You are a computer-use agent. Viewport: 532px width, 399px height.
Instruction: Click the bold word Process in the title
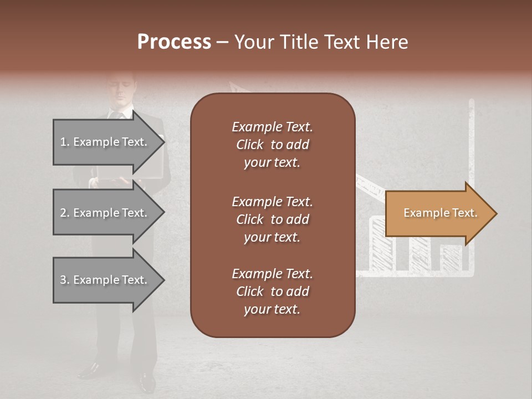(x=174, y=42)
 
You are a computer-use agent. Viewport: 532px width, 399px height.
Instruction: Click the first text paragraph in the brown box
(x=272, y=145)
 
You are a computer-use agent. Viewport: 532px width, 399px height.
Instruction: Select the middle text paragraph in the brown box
(x=272, y=219)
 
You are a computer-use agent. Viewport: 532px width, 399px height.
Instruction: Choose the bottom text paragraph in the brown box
(x=272, y=291)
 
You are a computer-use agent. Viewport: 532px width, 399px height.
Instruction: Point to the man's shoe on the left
(x=89, y=370)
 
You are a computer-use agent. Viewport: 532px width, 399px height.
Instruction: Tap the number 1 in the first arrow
(x=63, y=142)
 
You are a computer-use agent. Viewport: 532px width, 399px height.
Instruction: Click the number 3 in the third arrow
(x=63, y=280)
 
